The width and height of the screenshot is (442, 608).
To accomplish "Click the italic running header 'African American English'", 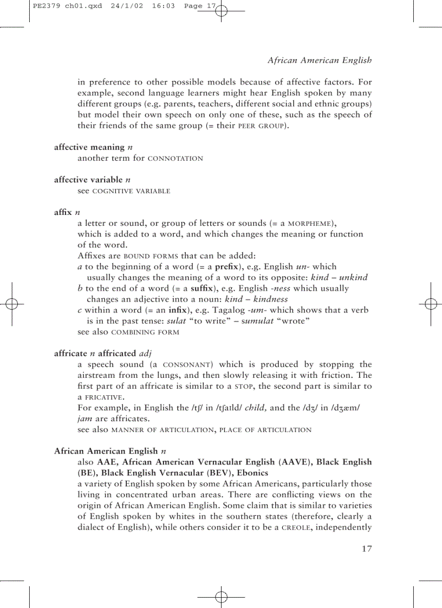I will pos(320,60).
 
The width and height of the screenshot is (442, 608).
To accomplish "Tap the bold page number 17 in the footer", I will pos(366,549).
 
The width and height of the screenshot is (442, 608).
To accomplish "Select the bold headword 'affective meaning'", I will pos(89,147).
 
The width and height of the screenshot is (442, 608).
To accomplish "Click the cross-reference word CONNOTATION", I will pos(175,159).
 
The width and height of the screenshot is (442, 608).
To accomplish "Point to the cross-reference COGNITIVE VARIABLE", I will pos(132,191).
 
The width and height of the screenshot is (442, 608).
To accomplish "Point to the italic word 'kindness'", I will pos(271,299).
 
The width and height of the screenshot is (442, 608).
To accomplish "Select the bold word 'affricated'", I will pos(113,354).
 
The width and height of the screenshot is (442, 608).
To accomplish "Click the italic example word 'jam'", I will pos(84,419).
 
